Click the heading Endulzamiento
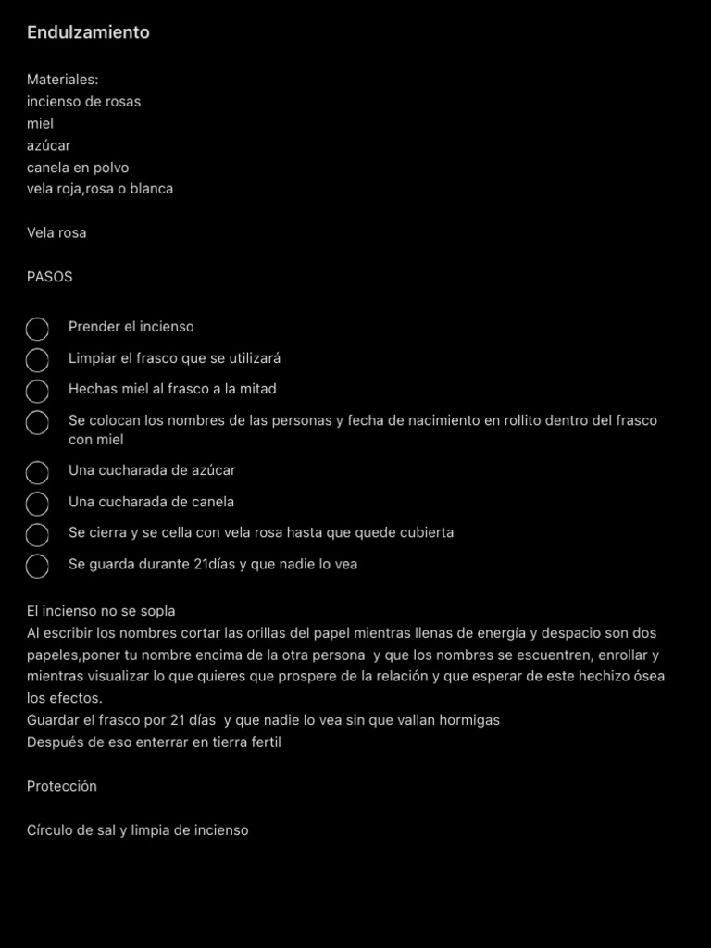click(88, 32)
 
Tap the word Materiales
click(62, 80)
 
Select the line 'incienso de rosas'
click(83, 102)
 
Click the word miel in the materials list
click(40, 123)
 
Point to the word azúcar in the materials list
click(48, 145)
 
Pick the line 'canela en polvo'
click(78, 168)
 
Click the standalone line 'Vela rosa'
click(56, 232)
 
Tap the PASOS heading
click(49, 277)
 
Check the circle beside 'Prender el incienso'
click(37, 329)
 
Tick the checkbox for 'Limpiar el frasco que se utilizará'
click(37, 360)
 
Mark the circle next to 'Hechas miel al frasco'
click(37, 391)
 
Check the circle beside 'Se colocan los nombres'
click(37, 423)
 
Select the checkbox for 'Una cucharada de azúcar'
click(37, 472)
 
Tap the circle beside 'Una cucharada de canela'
click(37, 504)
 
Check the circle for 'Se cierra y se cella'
click(37, 535)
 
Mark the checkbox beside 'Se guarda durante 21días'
click(37, 566)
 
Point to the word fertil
click(263, 742)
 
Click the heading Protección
click(62, 786)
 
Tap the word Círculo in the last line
click(49, 830)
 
